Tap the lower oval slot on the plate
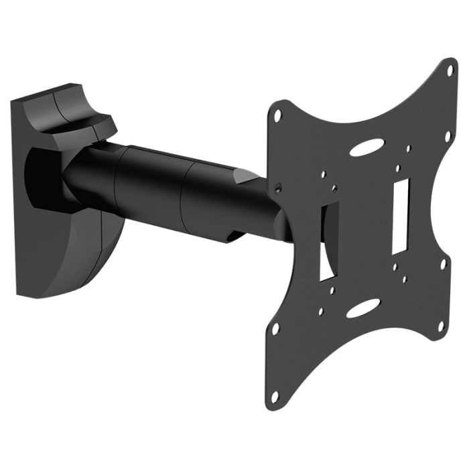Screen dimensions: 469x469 point(362,310)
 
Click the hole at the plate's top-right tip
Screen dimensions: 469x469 point(450,69)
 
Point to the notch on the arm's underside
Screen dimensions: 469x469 point(234,236)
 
